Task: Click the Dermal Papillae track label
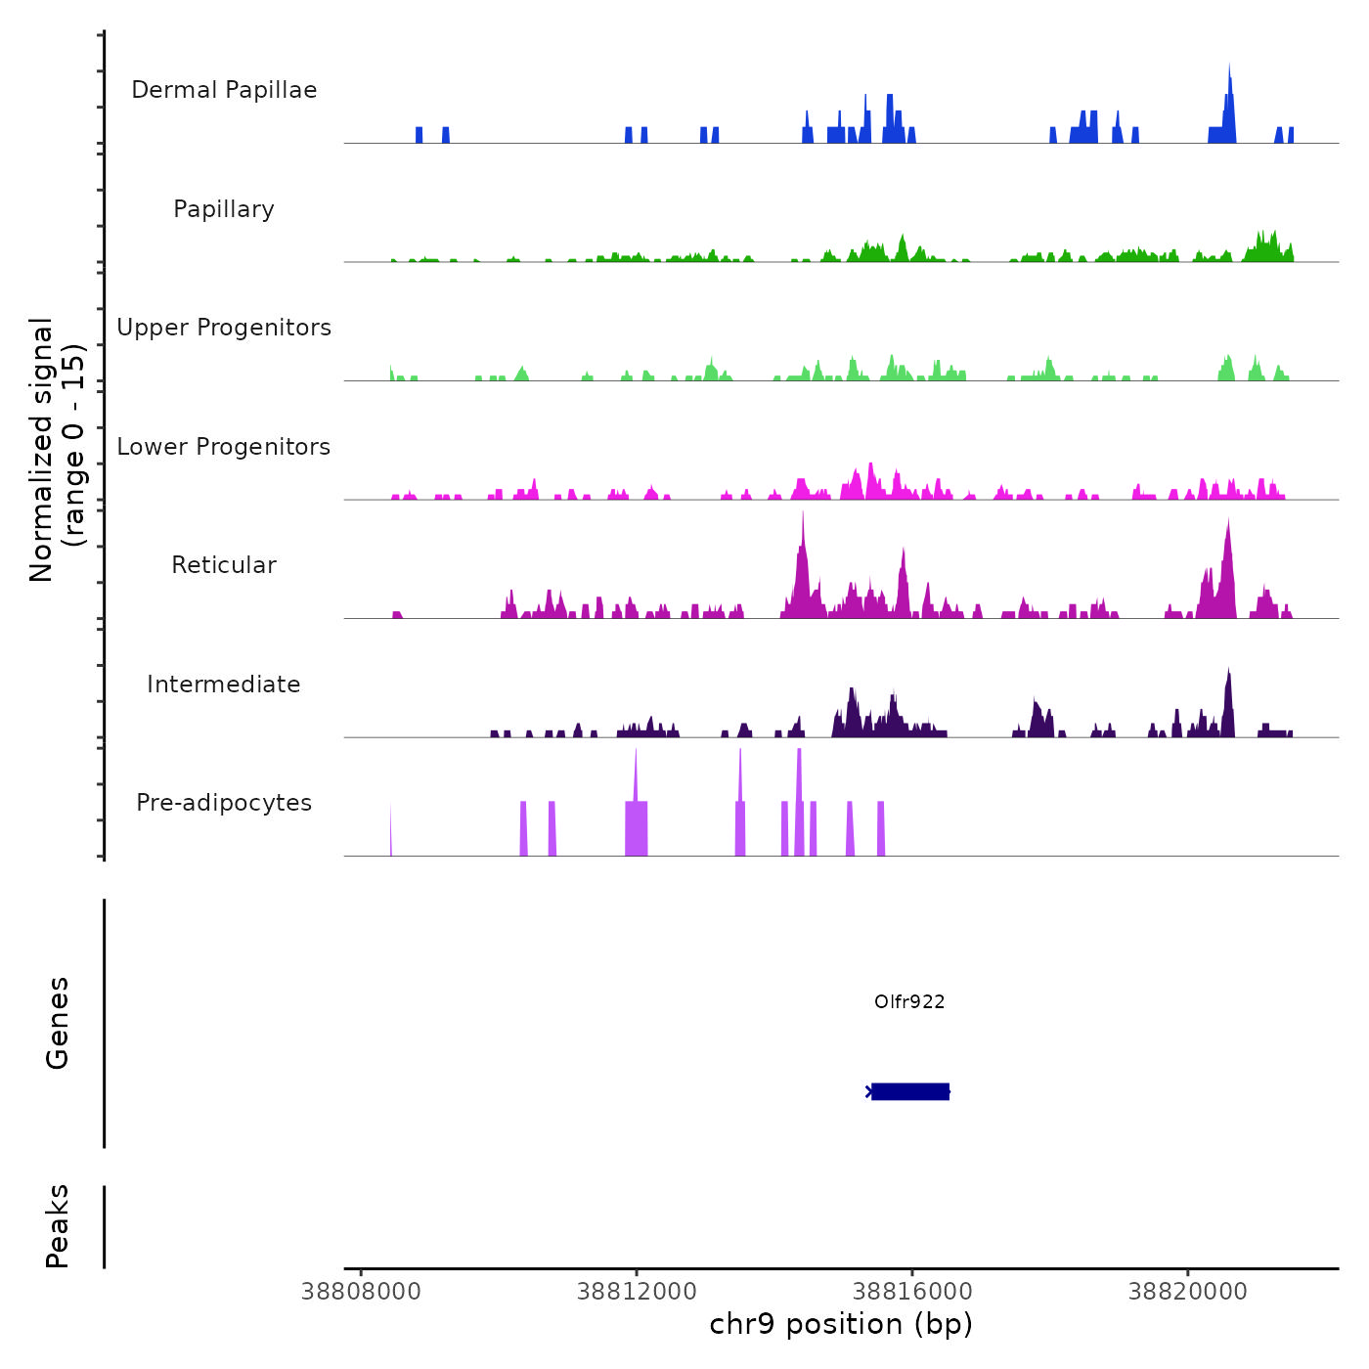224,90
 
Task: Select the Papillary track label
224,209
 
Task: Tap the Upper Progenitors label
224,328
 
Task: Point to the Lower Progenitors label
224,447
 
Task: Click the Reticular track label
224,565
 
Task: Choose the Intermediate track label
224,684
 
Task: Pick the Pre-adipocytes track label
224,803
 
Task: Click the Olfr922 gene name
909,1001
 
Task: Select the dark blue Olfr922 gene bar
910,1091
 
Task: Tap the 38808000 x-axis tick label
361,1292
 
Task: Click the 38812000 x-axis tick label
637,1292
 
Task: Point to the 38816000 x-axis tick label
912,1292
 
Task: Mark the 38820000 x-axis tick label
1188,1292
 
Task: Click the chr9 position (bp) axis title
841,1325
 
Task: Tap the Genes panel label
57,1023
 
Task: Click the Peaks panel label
57,1226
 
